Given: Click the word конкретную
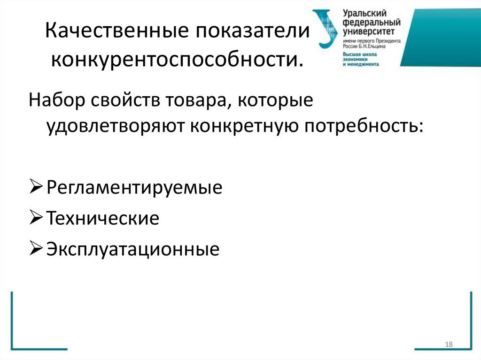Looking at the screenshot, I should pos(245,126).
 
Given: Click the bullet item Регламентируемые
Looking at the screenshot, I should pos(134,189).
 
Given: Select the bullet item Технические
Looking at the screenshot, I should pos(103,219).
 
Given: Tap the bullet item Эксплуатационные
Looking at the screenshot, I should pos(133,249).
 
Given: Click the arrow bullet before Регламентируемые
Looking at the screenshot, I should pos(37,188).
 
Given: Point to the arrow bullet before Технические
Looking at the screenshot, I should pos(37,218).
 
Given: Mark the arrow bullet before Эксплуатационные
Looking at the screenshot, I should pos(37,248).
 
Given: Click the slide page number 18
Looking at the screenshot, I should pos(448,345).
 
